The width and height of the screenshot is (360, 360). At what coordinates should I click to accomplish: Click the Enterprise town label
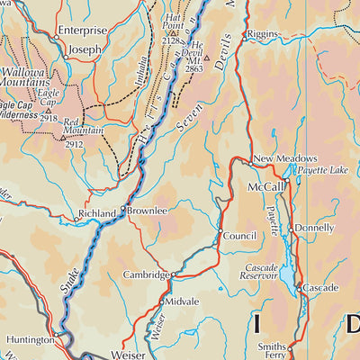[x=82, y=30]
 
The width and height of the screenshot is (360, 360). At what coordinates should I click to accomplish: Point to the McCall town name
[x=266, y=186]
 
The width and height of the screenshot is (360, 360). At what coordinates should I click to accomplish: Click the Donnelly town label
[x=315, y=229]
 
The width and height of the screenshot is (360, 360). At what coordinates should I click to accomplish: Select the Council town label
[x=240, y=236]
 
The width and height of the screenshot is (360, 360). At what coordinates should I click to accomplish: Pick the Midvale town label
[x=184, y=301]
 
